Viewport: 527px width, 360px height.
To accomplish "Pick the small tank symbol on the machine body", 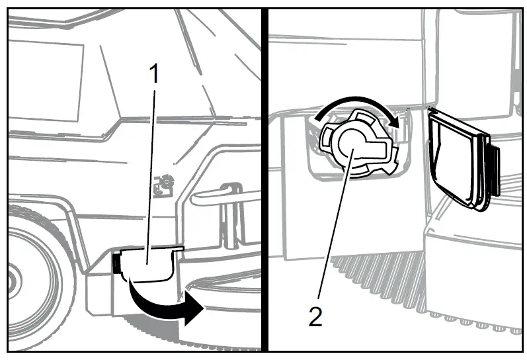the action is [163, 186].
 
